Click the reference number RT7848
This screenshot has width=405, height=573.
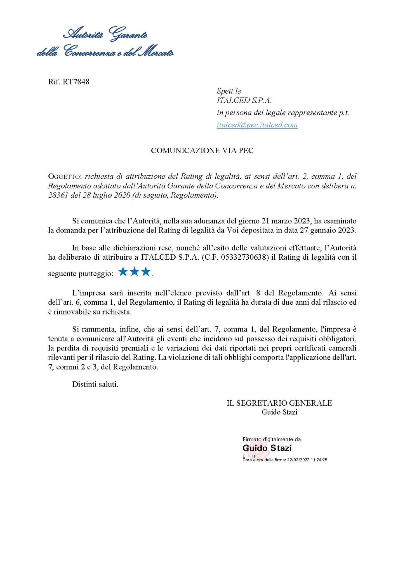pos(76,82)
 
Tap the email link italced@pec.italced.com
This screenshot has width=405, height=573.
pos(257,125)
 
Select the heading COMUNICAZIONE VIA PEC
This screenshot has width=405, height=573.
pos(202,151)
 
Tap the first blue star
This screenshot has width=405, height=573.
pos(123,271)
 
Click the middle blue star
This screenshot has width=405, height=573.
pos(135,271)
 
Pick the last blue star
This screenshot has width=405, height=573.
pos(146,271)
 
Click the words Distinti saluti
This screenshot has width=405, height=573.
pos(95,384)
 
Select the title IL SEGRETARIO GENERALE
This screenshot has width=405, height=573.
pos(279,403)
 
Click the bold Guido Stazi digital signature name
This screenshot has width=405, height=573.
pos(267,448)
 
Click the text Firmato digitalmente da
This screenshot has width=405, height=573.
pos(271,440)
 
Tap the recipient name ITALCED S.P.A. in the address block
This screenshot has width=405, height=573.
pos(244,100)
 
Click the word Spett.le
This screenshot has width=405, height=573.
pos(229,91)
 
